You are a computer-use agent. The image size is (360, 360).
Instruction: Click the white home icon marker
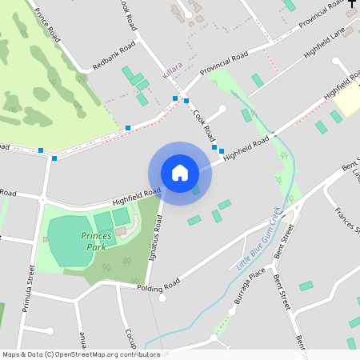coord(180,173)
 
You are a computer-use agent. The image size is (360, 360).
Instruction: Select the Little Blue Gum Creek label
coord(258,238)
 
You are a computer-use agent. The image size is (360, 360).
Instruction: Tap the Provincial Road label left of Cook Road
coord(223,64)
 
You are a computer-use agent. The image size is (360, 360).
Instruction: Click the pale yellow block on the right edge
coord(347,101)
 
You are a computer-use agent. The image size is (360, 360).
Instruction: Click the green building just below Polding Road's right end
coord(306,286)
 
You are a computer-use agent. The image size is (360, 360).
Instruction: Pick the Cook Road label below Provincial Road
coord(205,124)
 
